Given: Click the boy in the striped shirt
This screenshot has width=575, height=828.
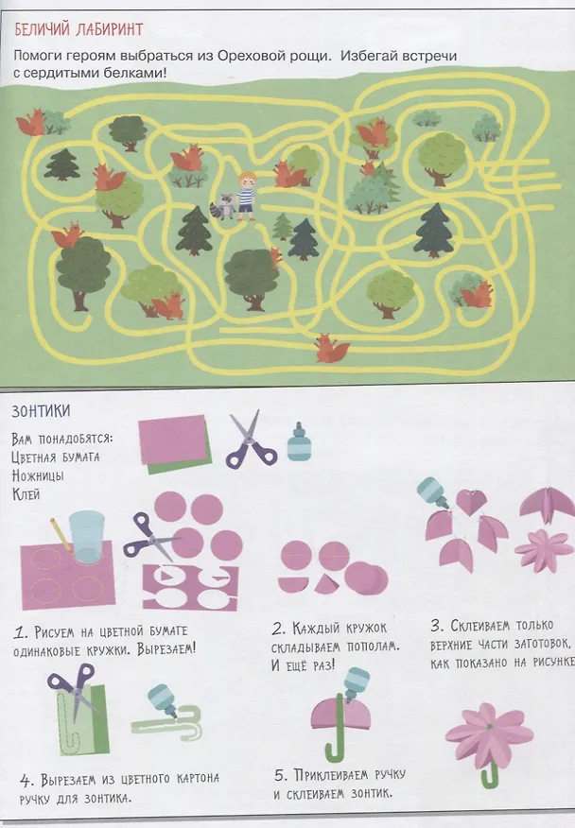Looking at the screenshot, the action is click(x=246, y=196).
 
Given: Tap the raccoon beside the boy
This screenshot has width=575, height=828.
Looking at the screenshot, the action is click(x=224, y=205).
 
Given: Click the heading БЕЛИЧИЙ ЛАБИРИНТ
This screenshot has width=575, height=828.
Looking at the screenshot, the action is click(x=78, y=29).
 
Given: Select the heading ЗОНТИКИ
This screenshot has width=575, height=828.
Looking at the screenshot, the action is click(x=42, y=411).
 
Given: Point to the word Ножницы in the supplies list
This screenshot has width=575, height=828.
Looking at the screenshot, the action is click(x=38, y=475).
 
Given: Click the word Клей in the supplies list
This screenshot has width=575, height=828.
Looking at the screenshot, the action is click(x=26, y=494).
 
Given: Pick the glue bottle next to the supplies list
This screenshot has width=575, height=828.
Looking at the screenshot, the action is click(x=297, y=441).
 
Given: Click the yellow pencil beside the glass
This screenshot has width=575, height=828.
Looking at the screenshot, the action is click(x=61, y=535).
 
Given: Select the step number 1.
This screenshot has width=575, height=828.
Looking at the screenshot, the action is click(x=20, y=632).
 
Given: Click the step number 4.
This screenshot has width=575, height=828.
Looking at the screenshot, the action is click(x=26, y=781).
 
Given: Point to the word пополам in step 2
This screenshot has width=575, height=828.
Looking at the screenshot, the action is click(x=374, y=647).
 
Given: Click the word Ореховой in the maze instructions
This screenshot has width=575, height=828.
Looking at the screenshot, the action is click(x=255, y=56).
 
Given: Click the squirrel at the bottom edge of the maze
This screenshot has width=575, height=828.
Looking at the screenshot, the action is click(x=331, y=348).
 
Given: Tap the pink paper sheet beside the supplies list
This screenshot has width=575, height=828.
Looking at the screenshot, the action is click(x=173, y=440).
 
